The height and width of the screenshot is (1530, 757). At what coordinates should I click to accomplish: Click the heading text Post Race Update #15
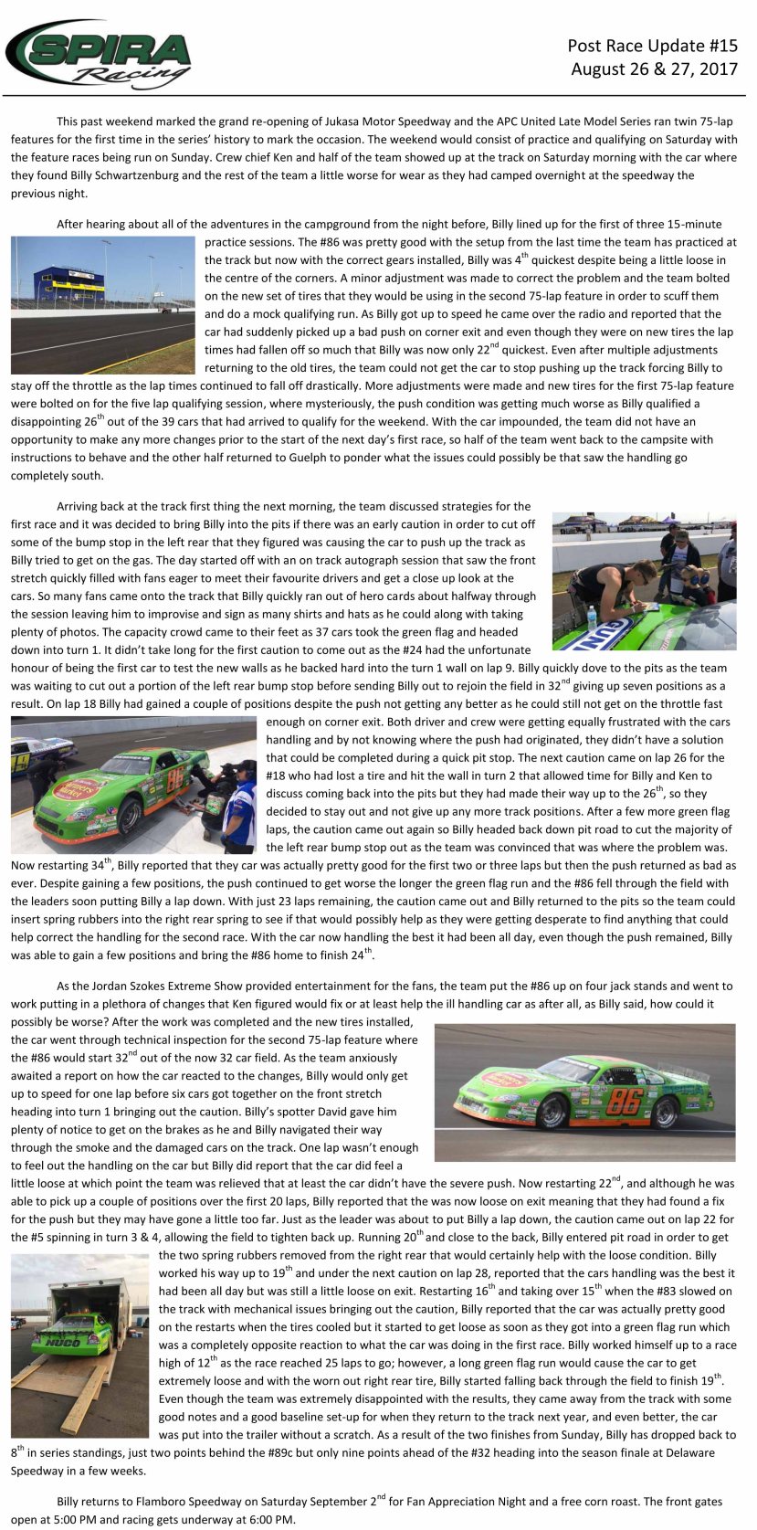pyautogui.click(x=652, y=46)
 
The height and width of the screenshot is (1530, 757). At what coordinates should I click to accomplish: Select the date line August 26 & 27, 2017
pyautogui.click(x=654, y=69)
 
